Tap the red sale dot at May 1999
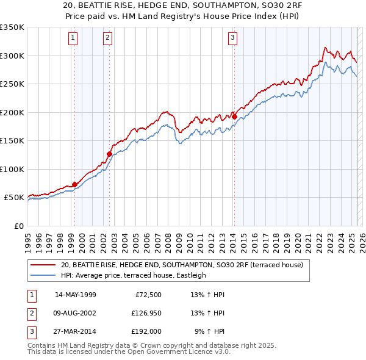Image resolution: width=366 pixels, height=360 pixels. point(74,184)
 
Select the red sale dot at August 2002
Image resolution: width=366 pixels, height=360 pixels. point(109,154)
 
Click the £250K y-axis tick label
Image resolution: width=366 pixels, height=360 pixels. point(12,84)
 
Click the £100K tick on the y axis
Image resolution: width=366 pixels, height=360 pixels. point(12,169)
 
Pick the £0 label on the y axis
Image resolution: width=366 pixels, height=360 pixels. point(18,226)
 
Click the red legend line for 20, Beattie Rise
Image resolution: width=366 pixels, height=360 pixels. point(43,265)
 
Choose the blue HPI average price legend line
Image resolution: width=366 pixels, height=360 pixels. point(43,275)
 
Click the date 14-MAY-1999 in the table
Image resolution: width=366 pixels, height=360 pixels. point(76,295)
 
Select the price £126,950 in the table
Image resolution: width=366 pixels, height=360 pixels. point(144,313)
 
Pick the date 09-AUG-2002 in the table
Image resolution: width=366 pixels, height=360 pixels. point(76,313)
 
